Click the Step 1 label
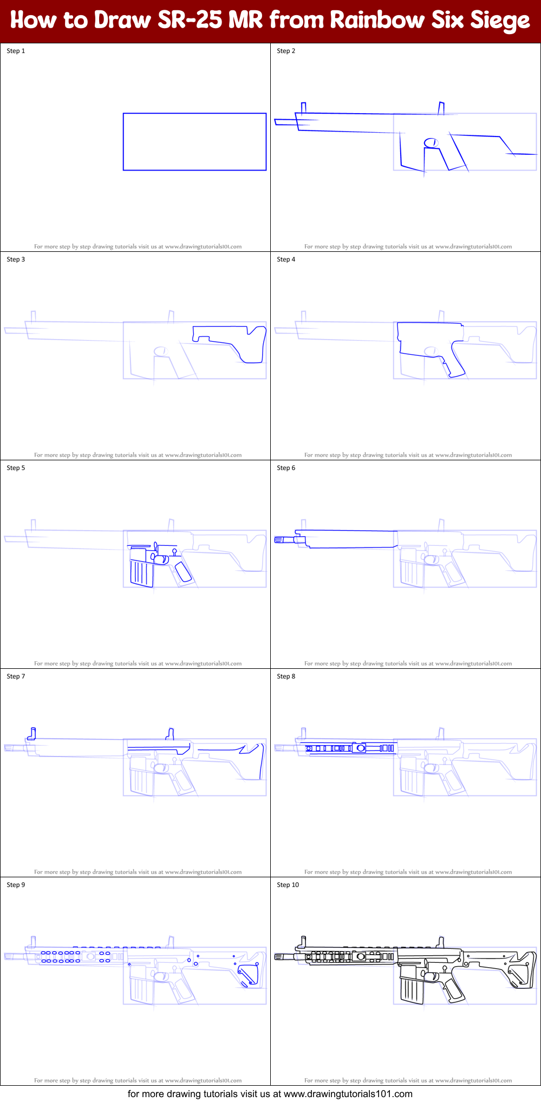click(16, 51)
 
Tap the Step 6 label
click(286, 468)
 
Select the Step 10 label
click(288, 885)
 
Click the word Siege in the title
click(500, 21)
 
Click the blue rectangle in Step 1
click(194, 114)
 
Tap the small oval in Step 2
click(431, 142)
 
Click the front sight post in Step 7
click(32, 734)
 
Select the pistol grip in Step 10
click(454, 990)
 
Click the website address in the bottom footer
click(348, 1094)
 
